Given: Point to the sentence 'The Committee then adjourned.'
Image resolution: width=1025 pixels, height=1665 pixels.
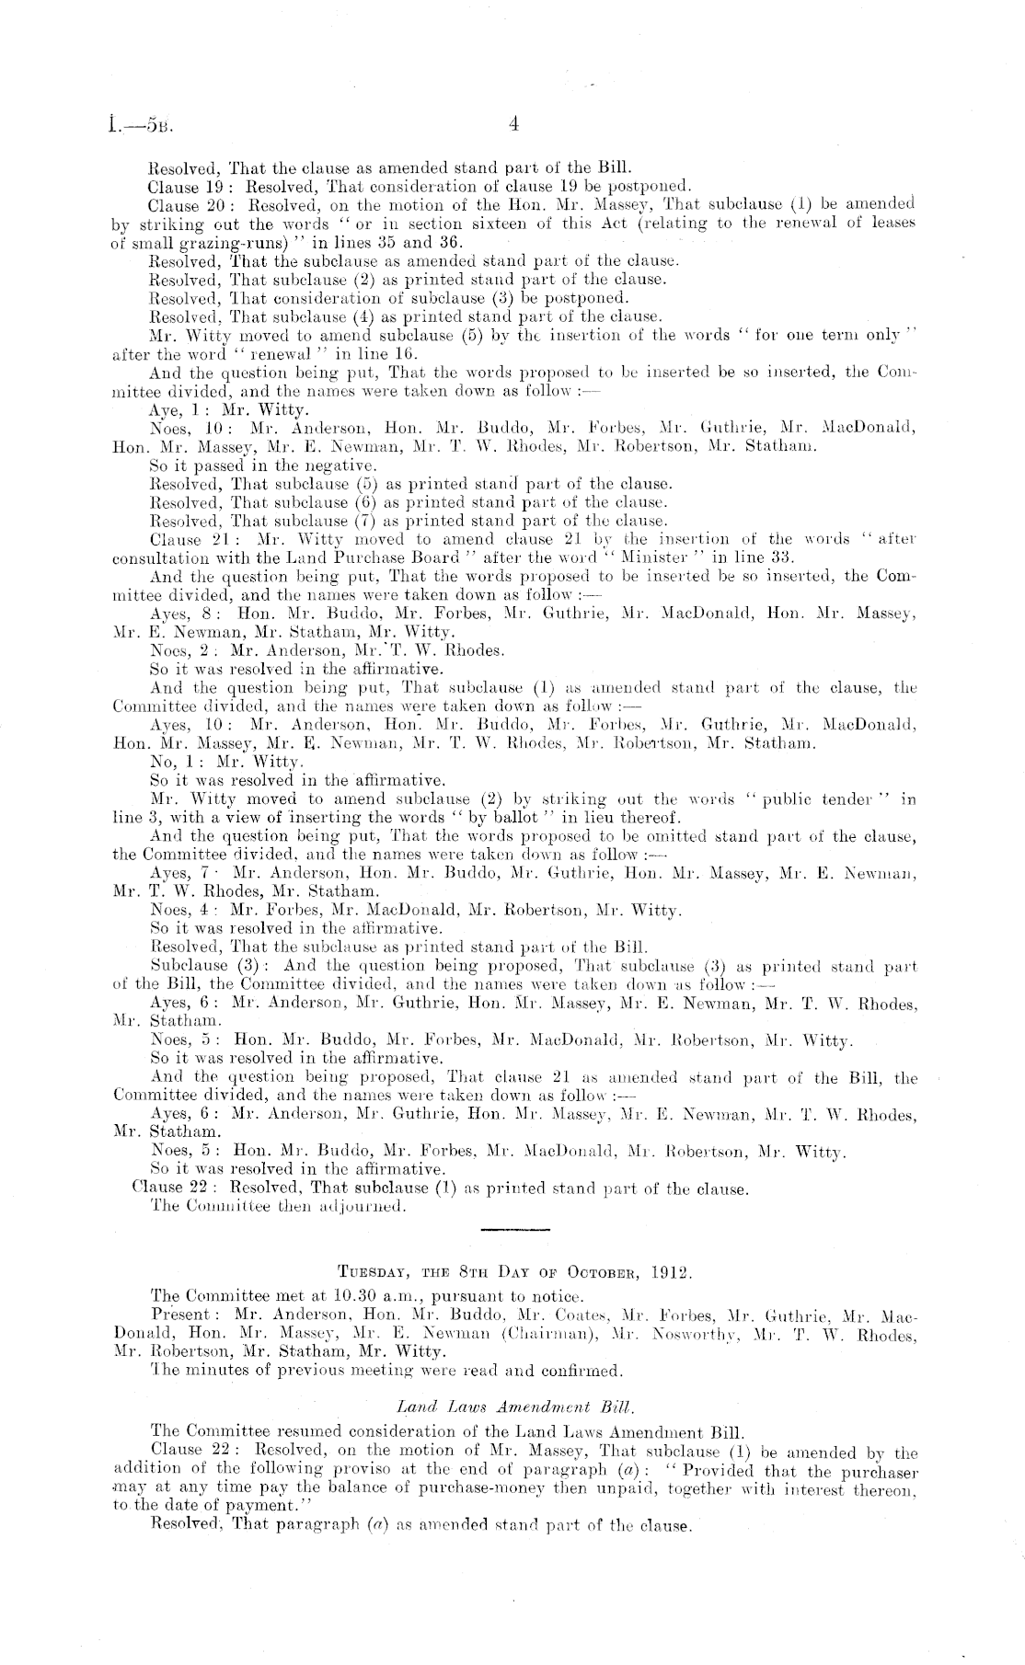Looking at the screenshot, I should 277,1206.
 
